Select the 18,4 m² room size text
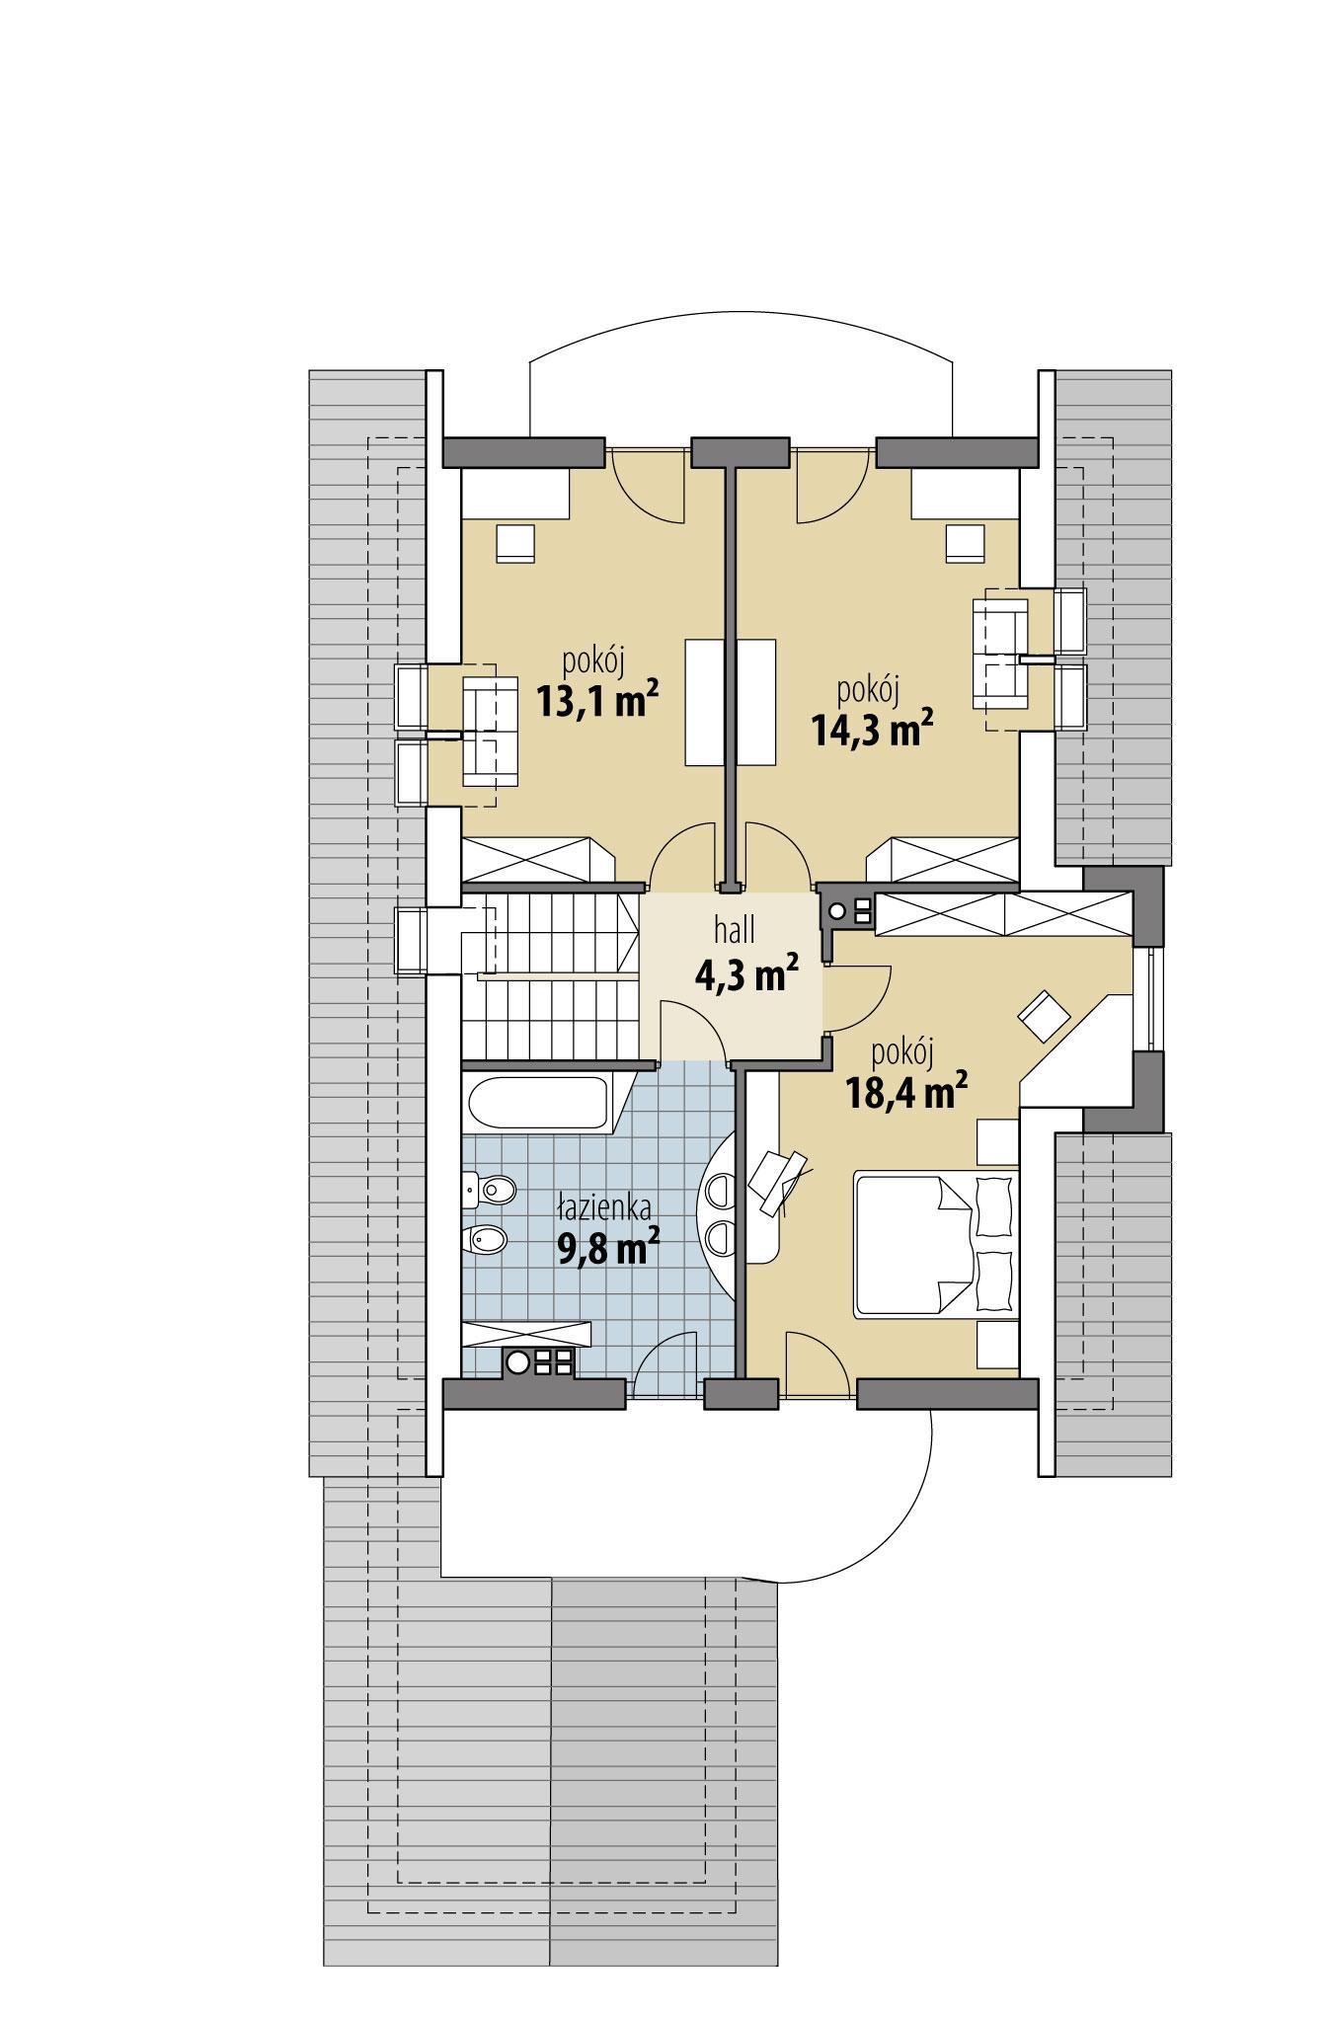click(904, 1091)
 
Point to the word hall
click(735, 930)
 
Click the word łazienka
click(603, 1206)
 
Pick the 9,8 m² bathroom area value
click(608, 1249)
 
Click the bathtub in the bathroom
click(537, 1103)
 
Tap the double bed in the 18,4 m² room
click(934, 1243)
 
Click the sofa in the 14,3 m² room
click(999, 653)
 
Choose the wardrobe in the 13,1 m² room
click(537, 859)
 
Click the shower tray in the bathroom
click(525, 1334)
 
